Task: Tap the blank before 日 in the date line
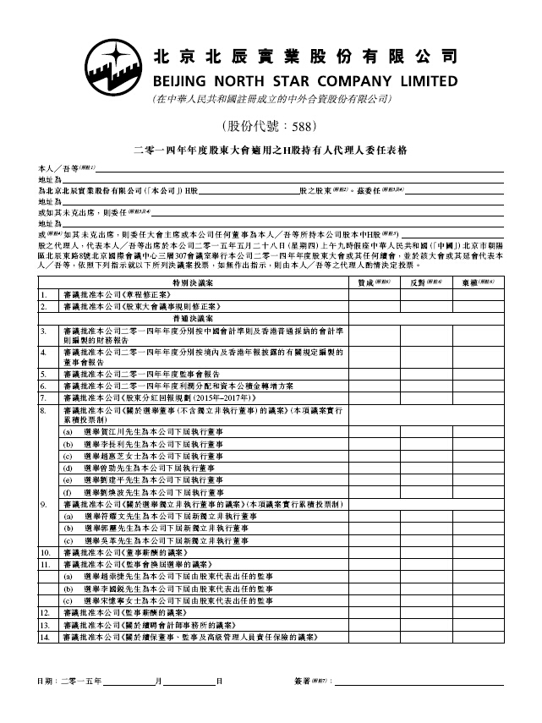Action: point(189,682)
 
